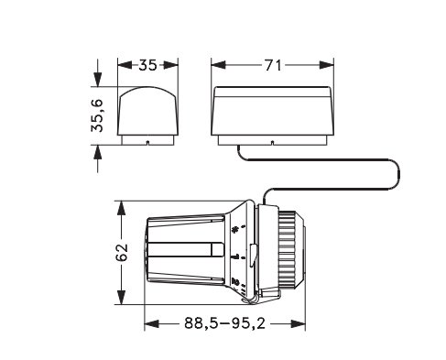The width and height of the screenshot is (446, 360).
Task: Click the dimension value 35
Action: point(147,65)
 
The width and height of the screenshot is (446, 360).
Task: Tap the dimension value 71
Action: point(272,65)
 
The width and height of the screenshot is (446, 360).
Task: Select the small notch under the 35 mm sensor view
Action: point(147,143)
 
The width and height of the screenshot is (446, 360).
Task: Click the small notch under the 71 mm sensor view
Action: point(272,143)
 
